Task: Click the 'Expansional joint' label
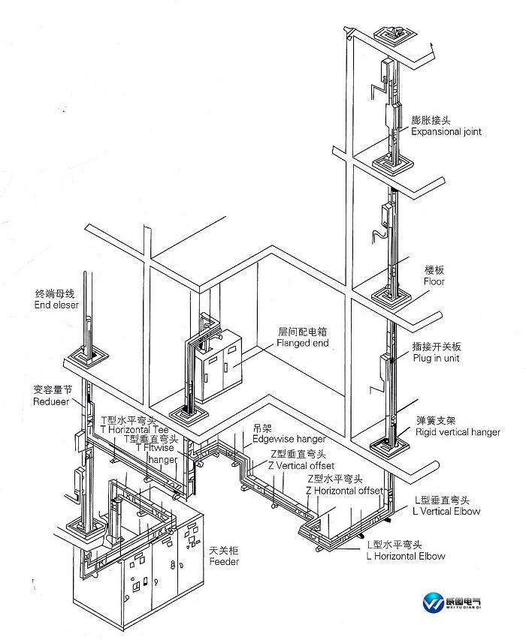pyautogui.click(x=446, y=131)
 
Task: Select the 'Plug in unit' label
pyautogui.click(x=435, y=358)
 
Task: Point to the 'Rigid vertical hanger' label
pyautogui.click(x=458, y=432)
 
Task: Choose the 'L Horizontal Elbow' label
pyautogui.click(x=406, y=556)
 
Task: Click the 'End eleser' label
pyautogui.click(x=56, y=305)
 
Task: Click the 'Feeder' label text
pyautogui.click(x=224, y=562)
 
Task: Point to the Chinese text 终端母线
pyautogui.click(x=56, y=293)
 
